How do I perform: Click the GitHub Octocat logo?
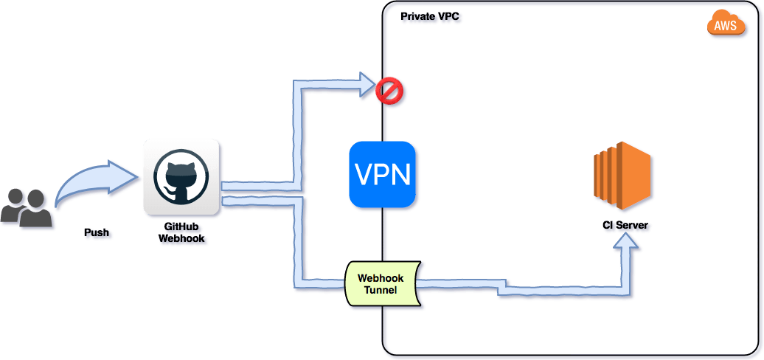[x=181, y=177]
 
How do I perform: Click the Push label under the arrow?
[x=97, y=232]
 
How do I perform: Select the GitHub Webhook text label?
[x=181, y=232]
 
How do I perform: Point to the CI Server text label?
[x=626, y=224]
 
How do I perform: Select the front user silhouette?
[x=38, y=212]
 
